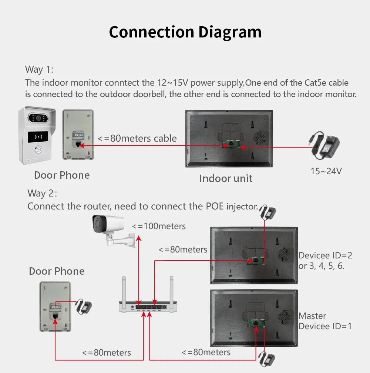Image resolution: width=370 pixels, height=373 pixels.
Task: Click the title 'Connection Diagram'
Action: click(185, 32)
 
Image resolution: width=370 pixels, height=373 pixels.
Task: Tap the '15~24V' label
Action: click(326, 171)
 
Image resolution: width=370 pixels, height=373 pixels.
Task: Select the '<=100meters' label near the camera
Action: click(159, 226)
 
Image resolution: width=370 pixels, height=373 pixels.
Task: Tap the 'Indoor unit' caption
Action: click(226, 178)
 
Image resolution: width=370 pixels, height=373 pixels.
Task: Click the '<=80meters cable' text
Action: click(137, 138)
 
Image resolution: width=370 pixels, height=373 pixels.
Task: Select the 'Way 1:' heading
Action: click(39, 69)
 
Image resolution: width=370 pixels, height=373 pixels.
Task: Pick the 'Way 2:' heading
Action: click(42, 193)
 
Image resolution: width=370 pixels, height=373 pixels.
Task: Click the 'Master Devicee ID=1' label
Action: click(325, 321)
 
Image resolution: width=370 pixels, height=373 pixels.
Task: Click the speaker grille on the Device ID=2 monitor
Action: click(286, 255)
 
